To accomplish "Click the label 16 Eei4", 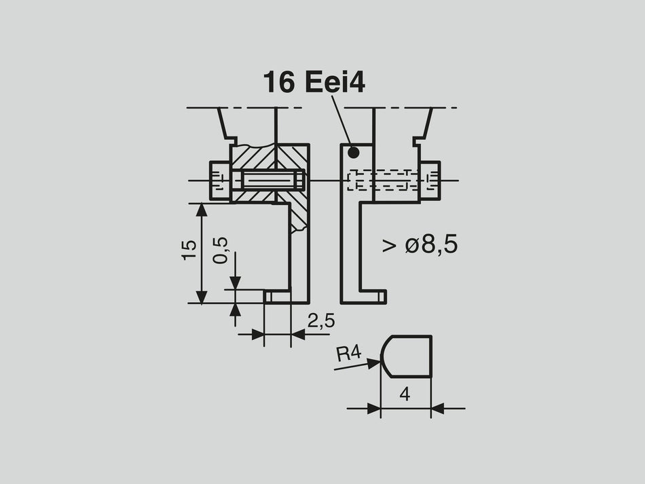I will click(314, 83).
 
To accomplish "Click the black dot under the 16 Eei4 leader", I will click(352, 153).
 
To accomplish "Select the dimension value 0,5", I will click(221, 250).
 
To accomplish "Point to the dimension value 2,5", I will click(320, 321).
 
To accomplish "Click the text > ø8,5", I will click(419, 245).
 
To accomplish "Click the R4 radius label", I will click(348, 353).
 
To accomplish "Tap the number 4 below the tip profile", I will click(405, 394).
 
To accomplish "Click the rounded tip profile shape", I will click(406, 356).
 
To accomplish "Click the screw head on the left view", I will click(219, 181).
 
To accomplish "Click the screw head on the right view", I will click(430, 181).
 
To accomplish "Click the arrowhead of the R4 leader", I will click(374, 364).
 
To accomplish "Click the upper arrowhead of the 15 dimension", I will click(202, 210).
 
